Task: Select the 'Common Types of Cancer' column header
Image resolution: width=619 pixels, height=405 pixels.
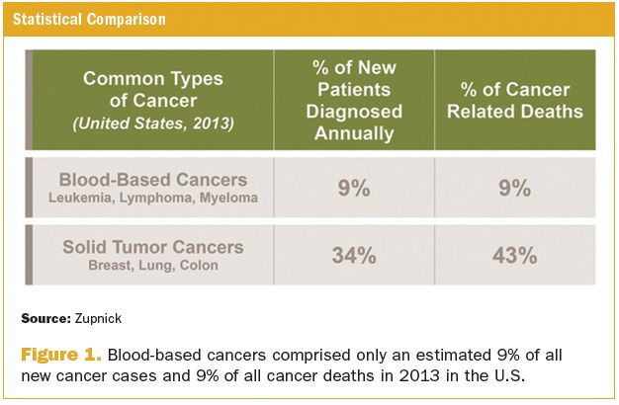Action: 153,88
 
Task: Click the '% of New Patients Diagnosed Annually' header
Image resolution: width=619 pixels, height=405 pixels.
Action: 354,100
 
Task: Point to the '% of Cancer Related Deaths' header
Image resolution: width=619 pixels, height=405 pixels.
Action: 514,100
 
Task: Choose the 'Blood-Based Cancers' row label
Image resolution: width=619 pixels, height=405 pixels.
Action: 153,180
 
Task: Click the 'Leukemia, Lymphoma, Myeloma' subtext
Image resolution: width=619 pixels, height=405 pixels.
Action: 153,198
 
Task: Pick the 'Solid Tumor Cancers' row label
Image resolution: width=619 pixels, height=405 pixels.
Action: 153,247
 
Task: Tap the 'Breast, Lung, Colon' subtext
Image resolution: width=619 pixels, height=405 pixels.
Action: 153,265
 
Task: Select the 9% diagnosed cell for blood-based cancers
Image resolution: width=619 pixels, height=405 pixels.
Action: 354,188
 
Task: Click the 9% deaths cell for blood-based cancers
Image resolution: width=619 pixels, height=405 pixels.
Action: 514,188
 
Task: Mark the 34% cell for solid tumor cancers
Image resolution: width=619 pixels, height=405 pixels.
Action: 354,256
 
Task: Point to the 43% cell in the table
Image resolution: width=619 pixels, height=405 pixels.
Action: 514,256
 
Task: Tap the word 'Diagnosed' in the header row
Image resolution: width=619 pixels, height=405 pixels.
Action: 354,111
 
